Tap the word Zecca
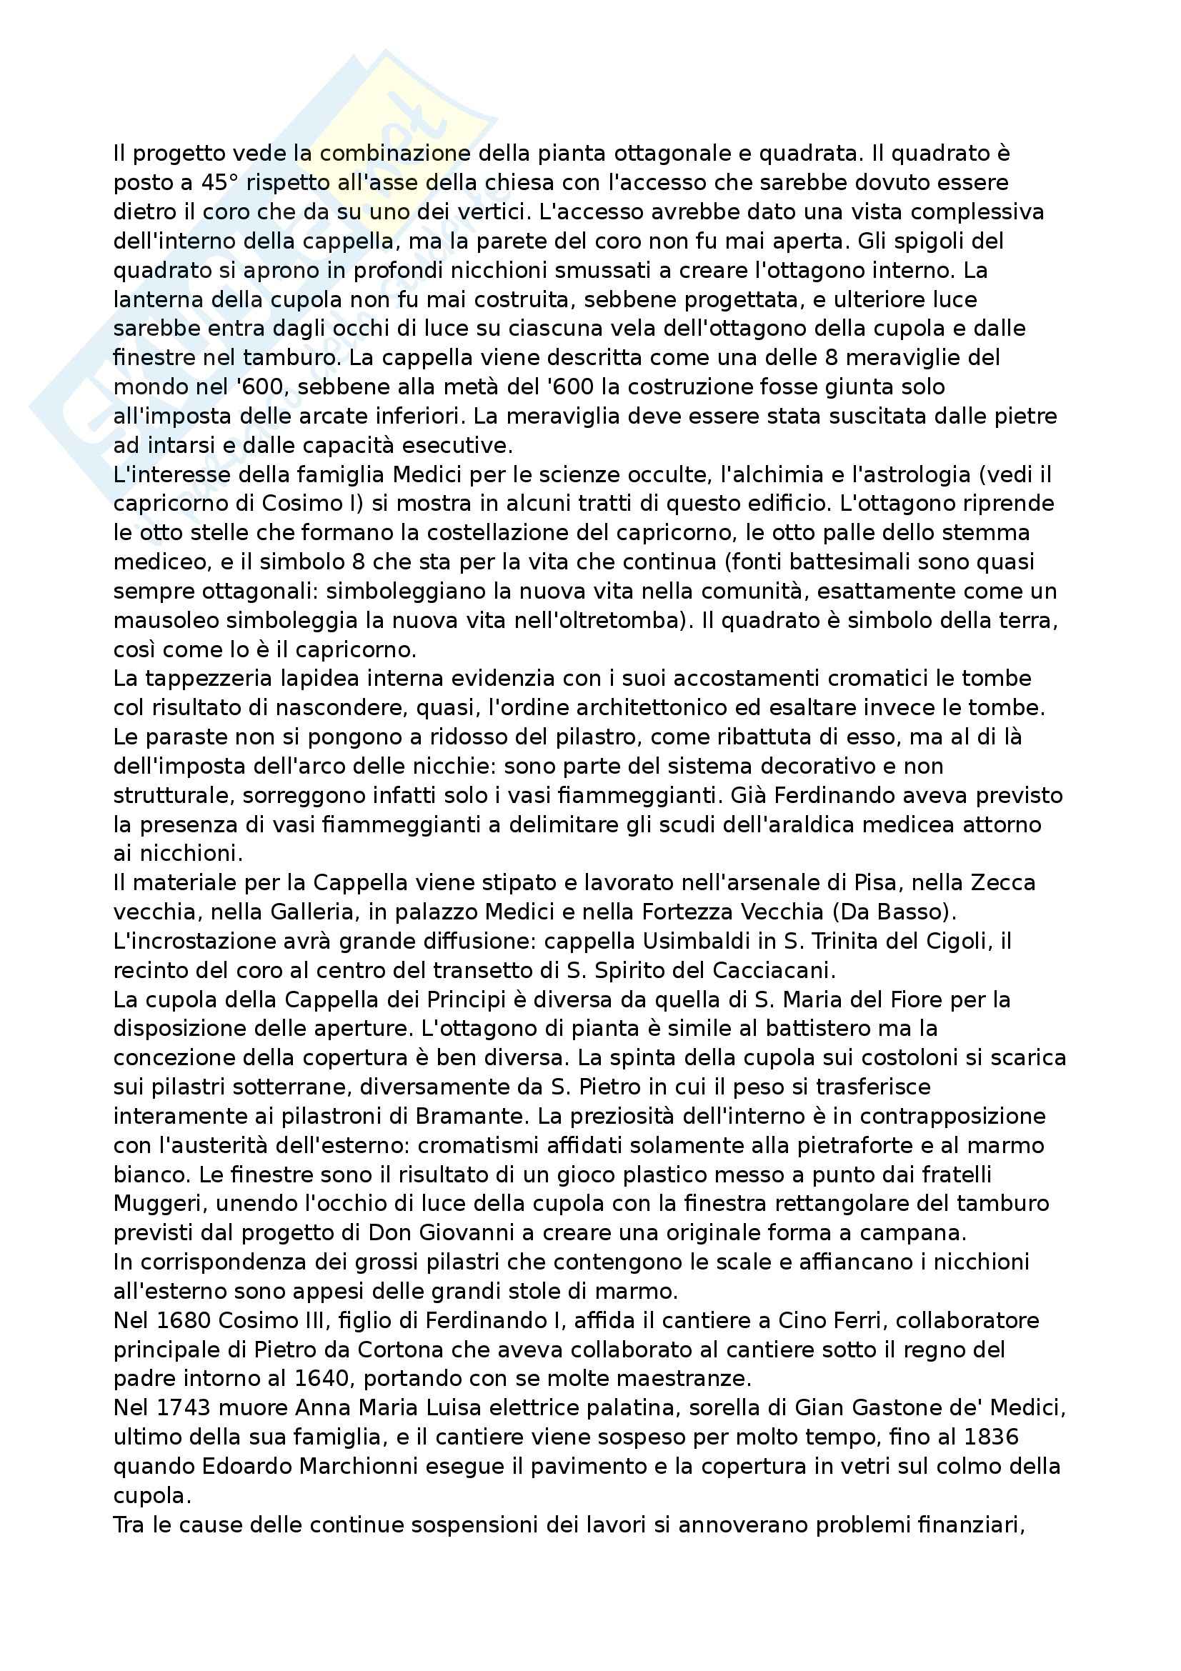click(x=1003, y=883)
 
